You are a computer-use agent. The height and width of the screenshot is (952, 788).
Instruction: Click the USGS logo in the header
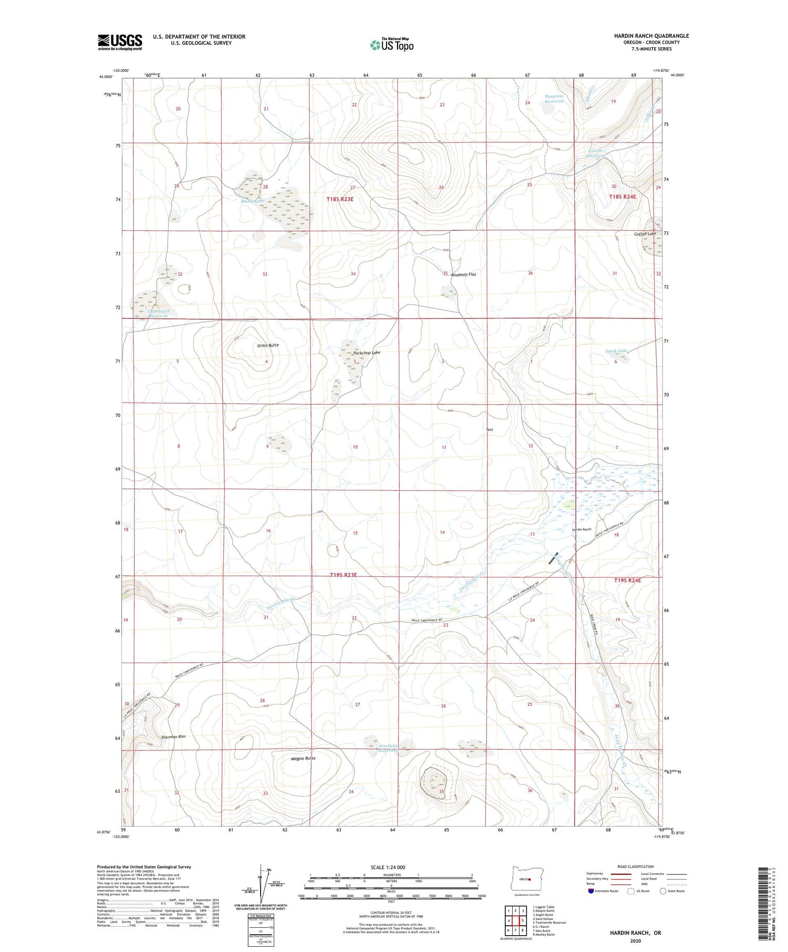(119, 42)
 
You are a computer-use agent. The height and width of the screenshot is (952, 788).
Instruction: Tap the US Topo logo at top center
(391, 45)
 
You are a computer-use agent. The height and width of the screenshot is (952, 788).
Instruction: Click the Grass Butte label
(268, 345)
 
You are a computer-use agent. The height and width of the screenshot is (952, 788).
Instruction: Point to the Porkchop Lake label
(366, 352)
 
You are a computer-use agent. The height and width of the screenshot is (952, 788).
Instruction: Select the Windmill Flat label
(463, 274)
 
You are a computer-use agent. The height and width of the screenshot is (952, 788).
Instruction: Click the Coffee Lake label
(645, 234)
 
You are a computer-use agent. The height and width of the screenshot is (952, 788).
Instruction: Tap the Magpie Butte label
(303, 758)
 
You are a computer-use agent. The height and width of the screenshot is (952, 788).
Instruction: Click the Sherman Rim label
(173, 737)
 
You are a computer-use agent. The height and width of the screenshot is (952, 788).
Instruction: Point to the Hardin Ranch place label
(582, 529)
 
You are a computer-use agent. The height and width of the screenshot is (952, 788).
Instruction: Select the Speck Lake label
(616, 351)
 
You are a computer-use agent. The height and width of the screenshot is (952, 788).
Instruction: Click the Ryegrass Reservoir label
(554, 99)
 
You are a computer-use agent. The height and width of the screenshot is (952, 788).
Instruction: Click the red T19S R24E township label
(627, 580)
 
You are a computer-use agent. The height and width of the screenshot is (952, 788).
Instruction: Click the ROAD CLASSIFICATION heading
(635, 866)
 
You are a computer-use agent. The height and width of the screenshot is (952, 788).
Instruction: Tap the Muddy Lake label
(251, 201)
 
